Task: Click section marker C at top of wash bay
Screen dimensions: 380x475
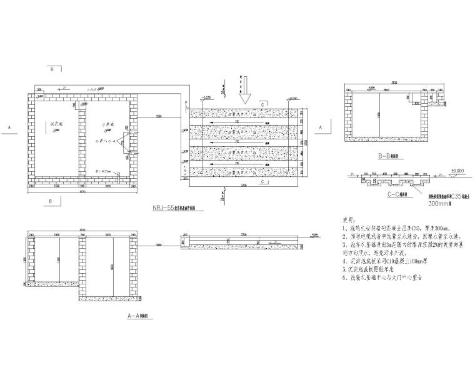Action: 263,103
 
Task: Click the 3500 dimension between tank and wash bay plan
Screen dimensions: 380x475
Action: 159,117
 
